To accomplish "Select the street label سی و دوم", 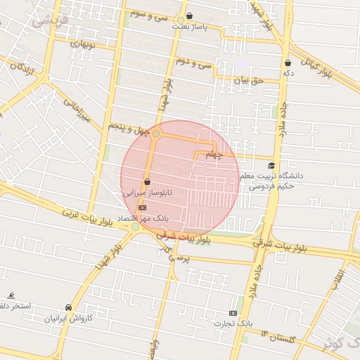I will (x=193, y=63).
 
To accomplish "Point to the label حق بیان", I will (x=247, y=80).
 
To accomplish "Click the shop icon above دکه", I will (x=288, y=63).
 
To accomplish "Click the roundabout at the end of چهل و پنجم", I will (x=156, y=133).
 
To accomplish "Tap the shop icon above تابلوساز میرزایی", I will (x=147, y=181).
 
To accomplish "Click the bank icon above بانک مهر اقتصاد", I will (x=143, y=207).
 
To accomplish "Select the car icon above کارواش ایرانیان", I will (x=68, y=308).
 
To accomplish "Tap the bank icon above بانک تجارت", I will (x=233, y=312).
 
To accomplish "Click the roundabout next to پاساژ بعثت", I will (x=181, y=20).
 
